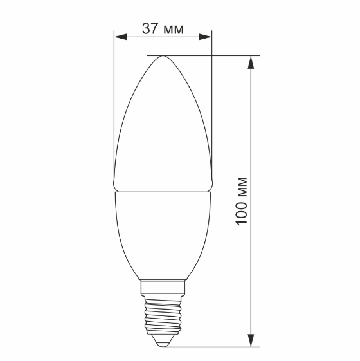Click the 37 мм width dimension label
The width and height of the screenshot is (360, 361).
pyautogui.click(x=162, y=28)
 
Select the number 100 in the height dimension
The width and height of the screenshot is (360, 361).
pyautogui.click(x=241, y=213)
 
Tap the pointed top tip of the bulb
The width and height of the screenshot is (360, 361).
pyautogui.click(x=163, y=56)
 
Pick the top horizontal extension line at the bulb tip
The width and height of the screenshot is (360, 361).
pyautogui.click(x=206, y=55)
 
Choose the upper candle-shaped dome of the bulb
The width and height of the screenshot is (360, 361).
pyautogui.click(x=163, y=129)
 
